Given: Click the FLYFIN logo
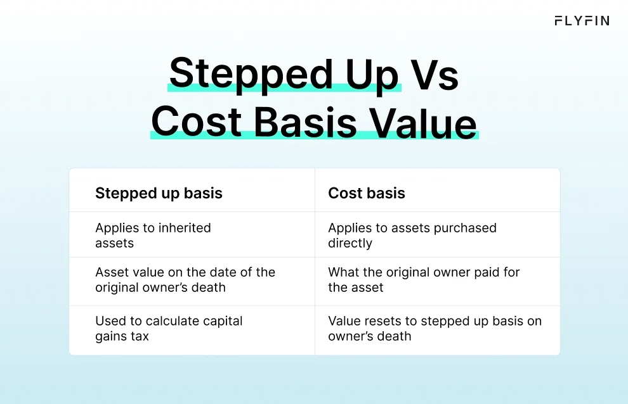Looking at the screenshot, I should point(581,21).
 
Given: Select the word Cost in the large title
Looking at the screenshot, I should point(196,122).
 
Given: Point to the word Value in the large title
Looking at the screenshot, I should point(423,122).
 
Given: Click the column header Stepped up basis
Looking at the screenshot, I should point(159,193).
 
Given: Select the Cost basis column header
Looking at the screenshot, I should point(366,193).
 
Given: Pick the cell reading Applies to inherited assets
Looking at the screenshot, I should point(153,235).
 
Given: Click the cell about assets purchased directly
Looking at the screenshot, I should point(412,235).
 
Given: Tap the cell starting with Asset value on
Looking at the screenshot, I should point(185,280).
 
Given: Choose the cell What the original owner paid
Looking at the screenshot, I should point(423,280).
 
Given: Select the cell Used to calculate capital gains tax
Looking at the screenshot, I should point(169,329).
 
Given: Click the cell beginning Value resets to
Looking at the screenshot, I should point(435,329).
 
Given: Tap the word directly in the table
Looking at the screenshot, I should point(350,243).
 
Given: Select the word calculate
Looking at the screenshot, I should point(171,321).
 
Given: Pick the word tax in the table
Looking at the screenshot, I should point(140,336).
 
